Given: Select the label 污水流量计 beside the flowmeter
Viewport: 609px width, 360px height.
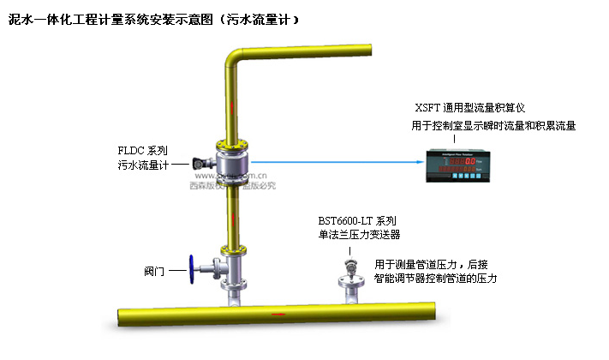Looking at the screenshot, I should pos(142,165).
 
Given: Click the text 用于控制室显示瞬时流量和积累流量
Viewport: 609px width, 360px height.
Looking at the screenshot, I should pos(493,125).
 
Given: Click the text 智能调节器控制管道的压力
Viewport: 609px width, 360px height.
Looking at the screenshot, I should pos(436,279).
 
